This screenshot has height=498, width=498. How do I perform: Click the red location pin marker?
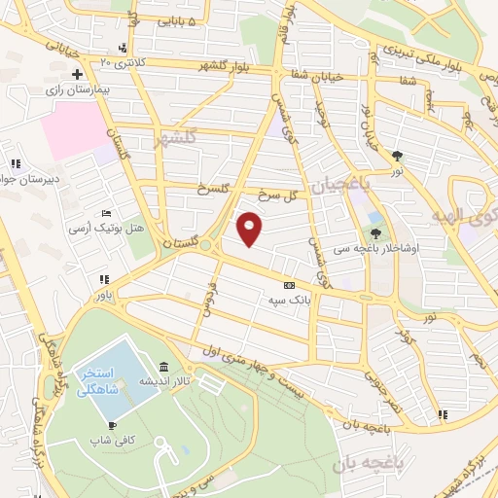pos(250,228)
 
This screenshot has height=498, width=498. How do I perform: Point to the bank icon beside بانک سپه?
pos(288,286)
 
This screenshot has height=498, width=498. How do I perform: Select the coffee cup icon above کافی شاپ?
pos(112,426)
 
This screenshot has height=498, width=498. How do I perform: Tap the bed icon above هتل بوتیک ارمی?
pos(106,213)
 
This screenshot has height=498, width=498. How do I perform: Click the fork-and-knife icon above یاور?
pos(101,280)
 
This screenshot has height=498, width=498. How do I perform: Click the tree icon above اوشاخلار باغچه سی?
pos(376,232)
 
